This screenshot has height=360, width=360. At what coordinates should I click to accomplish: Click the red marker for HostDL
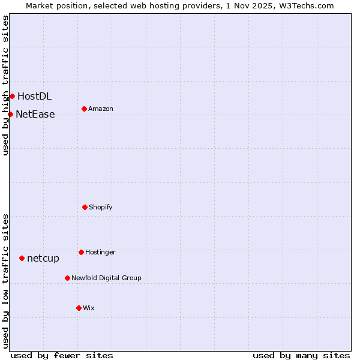coord(12,96)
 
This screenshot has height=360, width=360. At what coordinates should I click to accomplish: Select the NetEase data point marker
coord(10,114)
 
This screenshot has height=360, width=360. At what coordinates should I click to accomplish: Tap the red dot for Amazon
coord(84,109)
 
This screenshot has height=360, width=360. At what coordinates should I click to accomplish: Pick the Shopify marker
coord(85,207)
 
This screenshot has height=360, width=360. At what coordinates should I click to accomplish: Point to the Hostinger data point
coord(81,252)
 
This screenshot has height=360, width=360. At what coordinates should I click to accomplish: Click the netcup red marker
coord(22,258)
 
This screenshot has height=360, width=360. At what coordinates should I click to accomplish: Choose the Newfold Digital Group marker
coord(67,278)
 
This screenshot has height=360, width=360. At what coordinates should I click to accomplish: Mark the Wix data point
coord(79,308)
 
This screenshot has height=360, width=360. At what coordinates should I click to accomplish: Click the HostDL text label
coord(34,96)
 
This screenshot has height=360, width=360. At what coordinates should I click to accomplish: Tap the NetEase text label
coord(35,114)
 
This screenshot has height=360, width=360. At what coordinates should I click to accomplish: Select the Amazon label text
coord(101,109)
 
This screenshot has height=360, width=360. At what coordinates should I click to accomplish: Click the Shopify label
coord(101,207)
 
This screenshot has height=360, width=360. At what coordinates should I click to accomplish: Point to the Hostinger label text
coord(100,252)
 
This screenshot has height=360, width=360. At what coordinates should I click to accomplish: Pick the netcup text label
coord(43,258)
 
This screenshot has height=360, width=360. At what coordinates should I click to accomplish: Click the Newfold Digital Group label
coord(106,278)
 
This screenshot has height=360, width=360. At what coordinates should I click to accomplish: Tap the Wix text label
coord(89,308)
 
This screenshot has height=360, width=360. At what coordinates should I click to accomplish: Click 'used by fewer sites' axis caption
coord(62,355)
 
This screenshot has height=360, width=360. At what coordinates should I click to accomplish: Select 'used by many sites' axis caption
coord(301,355)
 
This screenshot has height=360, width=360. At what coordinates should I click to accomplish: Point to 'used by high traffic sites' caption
coord(5,85)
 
